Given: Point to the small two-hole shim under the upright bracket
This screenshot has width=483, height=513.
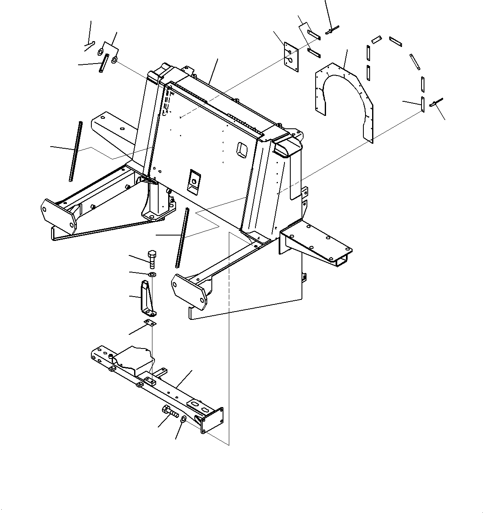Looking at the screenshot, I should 150,324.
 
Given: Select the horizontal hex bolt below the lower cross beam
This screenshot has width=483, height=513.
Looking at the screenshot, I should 169,412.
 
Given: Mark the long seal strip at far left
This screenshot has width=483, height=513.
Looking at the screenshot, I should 75,152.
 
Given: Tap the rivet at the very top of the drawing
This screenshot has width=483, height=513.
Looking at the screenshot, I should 333,29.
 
